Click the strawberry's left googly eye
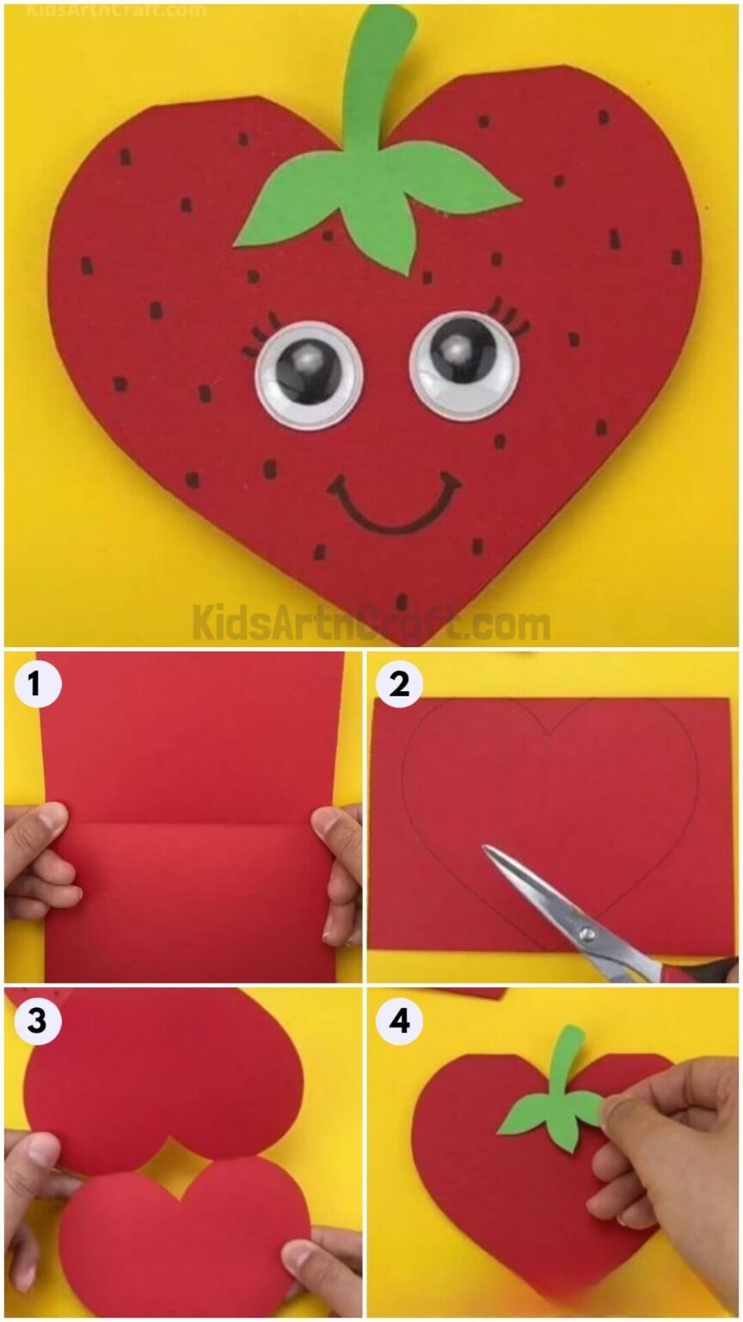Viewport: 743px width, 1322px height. click(x=309, y=375)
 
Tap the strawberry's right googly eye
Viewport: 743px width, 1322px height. click(x=464, y=367)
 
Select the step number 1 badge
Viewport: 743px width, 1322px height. click(x=34, y=686)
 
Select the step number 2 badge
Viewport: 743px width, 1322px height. click(x=399, y=686)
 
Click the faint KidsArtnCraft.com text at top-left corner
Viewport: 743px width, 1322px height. click(x=116, y=11)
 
